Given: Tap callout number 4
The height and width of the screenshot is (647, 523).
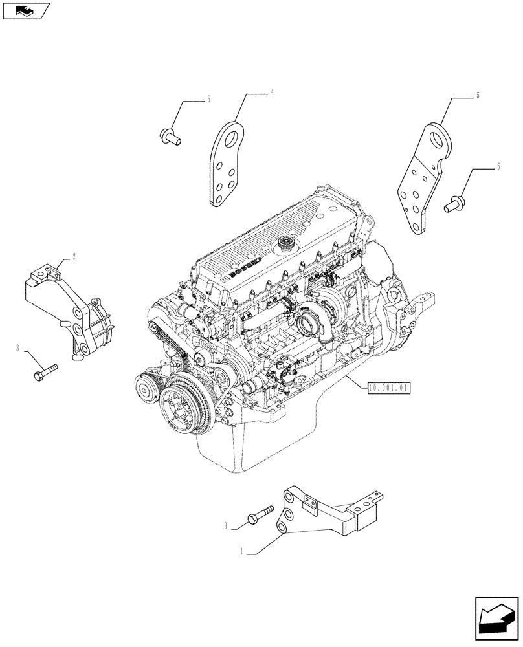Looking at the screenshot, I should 273,93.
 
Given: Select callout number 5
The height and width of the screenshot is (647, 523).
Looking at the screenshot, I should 477,96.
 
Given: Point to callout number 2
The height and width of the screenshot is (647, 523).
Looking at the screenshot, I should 74,256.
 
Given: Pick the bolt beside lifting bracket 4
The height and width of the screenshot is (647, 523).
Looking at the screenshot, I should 169,136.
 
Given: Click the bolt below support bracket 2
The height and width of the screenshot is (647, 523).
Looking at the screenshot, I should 45,373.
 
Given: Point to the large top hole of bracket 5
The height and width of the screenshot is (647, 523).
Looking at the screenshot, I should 440,138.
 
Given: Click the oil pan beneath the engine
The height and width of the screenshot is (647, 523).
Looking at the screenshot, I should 259,446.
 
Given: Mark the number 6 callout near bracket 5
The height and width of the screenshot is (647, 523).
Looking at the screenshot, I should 498,167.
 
